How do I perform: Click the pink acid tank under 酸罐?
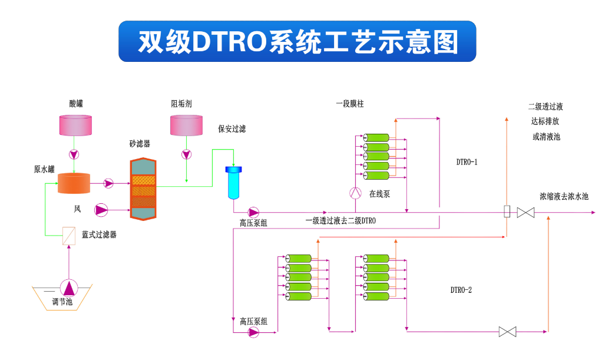[76, 125]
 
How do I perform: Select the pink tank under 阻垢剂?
[186, 125]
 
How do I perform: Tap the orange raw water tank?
[74, 183]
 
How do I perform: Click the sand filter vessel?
[143, 189]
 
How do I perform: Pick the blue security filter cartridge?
[233, 183]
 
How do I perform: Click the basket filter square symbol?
[69, 236]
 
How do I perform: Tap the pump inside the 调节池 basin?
[70, 288]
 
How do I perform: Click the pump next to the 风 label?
[102, 209]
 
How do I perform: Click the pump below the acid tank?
[74, 155]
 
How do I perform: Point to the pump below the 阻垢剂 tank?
[186, 155]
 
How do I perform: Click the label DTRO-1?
[467, 162]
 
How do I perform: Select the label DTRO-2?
[461, 289]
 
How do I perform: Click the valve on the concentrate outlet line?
[525, 212]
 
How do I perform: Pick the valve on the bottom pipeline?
[507, 332]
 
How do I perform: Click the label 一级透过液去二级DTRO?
[340, 221]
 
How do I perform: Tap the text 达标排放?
[545, 121]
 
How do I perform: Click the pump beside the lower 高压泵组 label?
[253, 332]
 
